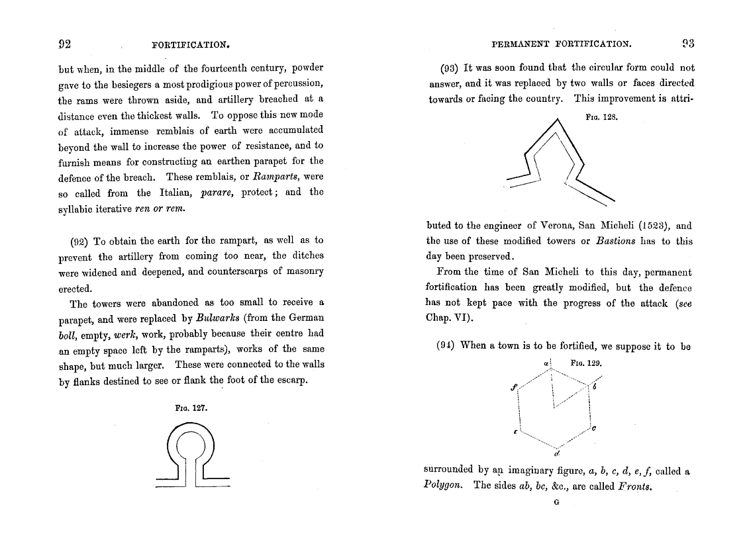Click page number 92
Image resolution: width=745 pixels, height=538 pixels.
pos(65,44)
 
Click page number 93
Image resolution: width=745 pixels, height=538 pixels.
pos(688,44)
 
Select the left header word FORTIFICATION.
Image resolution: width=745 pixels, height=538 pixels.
pos(191,45)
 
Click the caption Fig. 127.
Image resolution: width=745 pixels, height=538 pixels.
pos(191,408)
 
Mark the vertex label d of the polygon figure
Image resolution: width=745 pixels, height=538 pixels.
pos(558,454)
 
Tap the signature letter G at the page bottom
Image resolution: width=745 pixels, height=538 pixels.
pos(556,502)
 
